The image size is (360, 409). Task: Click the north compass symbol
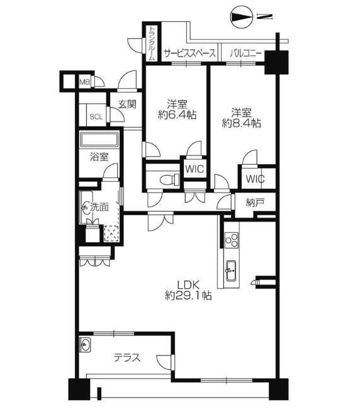(242, 17)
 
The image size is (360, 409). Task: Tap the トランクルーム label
(152, 43)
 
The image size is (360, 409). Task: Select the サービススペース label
(189, 53)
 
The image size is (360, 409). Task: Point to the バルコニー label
(245, 53)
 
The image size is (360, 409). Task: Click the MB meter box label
(84, 82)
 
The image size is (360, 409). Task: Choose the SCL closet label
(96, 117)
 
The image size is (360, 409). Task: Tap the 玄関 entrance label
(127, 104)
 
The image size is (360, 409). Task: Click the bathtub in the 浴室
(99, 140)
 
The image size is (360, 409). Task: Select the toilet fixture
(169, 180)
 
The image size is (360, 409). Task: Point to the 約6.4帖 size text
(177, 115)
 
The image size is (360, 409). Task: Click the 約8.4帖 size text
(241, 123)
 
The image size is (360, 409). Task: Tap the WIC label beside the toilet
(194, 169)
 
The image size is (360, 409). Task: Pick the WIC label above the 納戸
(255, 179)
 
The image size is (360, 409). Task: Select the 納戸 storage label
(255, 203)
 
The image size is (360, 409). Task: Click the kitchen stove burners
(232, 240)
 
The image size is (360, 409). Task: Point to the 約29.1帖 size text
(188, 295)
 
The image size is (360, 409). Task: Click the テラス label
(127, 357)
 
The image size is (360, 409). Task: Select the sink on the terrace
(85, 345)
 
